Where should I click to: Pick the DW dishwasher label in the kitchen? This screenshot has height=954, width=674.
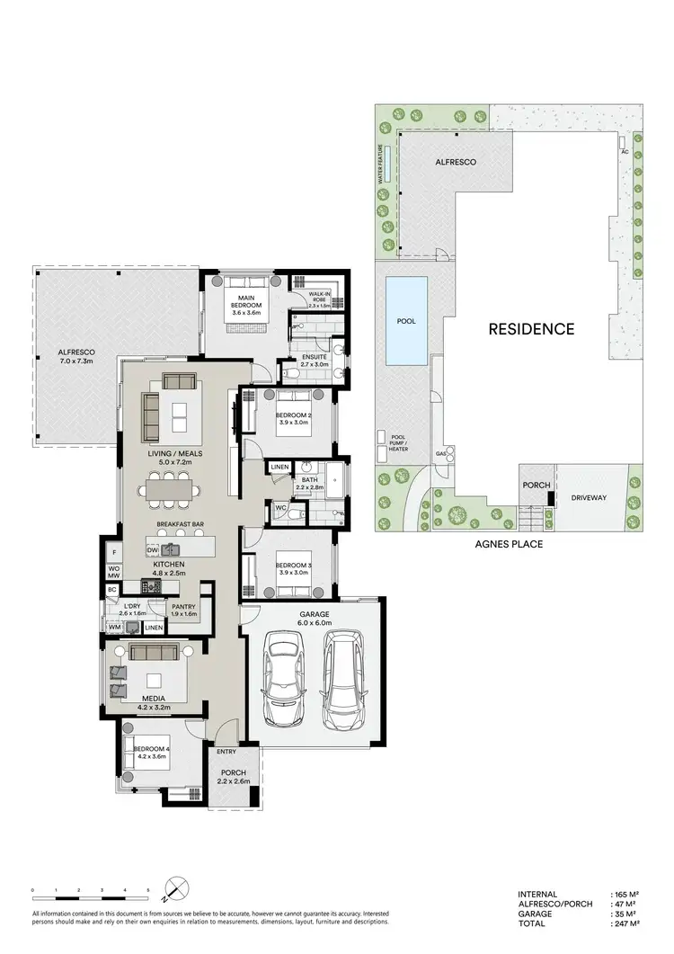[x=153, y=548]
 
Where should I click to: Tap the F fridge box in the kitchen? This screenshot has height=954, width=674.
[x=114, y=552]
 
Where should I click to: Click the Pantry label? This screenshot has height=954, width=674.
[x=183, y=607]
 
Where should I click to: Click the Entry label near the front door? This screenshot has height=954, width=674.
[x=226, y=752]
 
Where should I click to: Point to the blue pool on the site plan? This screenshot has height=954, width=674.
[x=406, y=320]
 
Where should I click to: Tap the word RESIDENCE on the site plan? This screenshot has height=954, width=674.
[x=531, y=329]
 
